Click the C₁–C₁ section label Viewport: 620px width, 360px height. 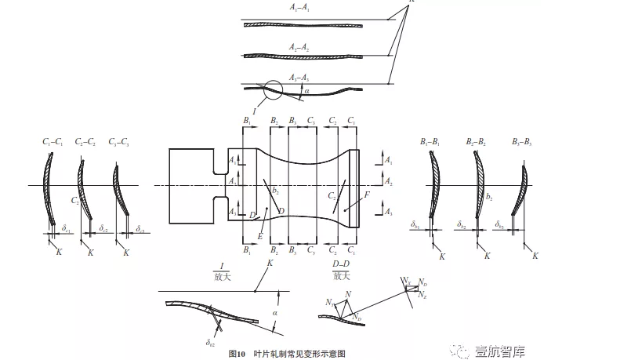click(53, 141)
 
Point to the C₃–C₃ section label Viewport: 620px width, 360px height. click(119, 141)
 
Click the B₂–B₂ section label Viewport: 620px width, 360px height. click(477, 141)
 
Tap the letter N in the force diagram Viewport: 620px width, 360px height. click(347, 293)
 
